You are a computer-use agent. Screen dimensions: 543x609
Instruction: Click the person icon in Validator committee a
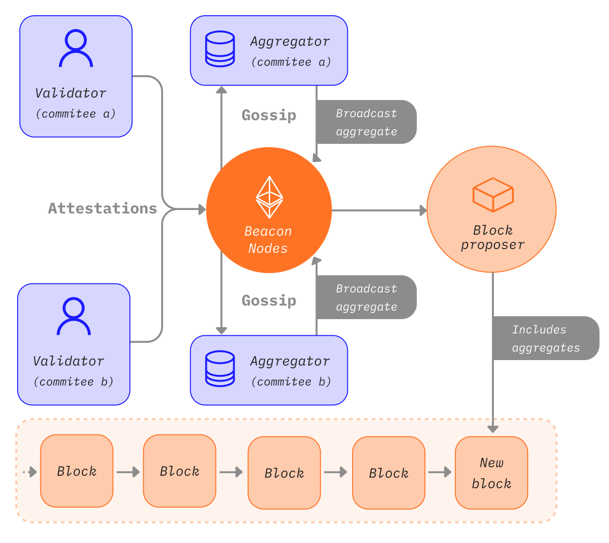point(76,48)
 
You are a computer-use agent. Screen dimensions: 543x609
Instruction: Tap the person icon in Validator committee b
point(74,316)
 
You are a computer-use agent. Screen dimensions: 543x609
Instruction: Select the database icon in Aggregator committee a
point(219,49)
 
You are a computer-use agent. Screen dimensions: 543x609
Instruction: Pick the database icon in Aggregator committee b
point(219,368)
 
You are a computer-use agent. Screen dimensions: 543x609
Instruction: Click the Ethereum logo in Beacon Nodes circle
point(269,197)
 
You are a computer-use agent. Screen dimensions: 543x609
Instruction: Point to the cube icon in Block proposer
point(493,195)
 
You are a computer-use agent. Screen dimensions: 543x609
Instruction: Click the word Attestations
point(102,209)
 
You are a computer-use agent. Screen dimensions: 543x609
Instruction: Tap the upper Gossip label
point(269,115)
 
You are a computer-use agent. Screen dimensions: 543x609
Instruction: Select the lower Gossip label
point(269,301)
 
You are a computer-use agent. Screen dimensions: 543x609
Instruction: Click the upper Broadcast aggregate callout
point(366,122)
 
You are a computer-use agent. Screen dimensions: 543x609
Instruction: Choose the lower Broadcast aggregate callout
point(366,297)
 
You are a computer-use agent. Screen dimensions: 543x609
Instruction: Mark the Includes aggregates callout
point(546,338)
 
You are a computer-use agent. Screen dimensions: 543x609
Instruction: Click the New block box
point(491,473)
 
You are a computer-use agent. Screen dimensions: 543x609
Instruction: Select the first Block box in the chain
point(77,471)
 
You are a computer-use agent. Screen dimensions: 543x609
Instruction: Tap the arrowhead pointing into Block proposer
point(423,210)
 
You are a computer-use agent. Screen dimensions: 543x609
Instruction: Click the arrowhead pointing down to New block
point(493,429)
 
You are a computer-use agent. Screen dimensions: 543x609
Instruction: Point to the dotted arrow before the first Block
point(30,472)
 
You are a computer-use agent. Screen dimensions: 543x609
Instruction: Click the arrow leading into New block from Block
point(440,472)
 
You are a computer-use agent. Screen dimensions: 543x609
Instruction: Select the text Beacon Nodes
point(268,240)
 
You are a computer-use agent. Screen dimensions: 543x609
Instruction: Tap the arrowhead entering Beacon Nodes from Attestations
point(202,209)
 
